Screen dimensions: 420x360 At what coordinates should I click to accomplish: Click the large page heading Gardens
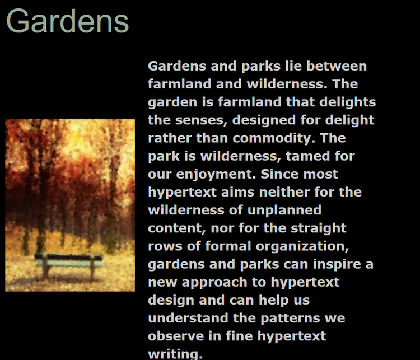pos(68,21)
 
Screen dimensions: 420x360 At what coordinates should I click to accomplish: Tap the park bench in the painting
pos(69,266)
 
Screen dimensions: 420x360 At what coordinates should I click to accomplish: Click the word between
pos(337,66)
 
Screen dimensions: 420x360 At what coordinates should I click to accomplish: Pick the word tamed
pos(308,156)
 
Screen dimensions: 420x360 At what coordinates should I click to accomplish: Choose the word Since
pos(279,174)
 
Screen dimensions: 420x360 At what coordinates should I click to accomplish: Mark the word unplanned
pos(284,211)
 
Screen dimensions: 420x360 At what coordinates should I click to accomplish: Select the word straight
pos(319,228)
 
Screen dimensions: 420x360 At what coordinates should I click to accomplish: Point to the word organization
pos(302,246)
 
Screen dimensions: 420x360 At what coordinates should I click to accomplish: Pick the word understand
pos(188,318)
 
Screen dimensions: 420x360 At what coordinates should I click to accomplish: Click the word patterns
pos(290,319)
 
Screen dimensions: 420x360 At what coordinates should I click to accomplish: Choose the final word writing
pos(175,354)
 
